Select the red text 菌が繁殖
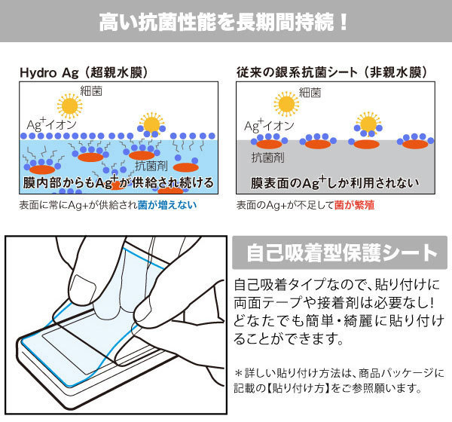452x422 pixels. (x=362, y=204)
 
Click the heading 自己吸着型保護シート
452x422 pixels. (x=334, y=252)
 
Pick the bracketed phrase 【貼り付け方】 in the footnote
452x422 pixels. (x=303, y=389)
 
